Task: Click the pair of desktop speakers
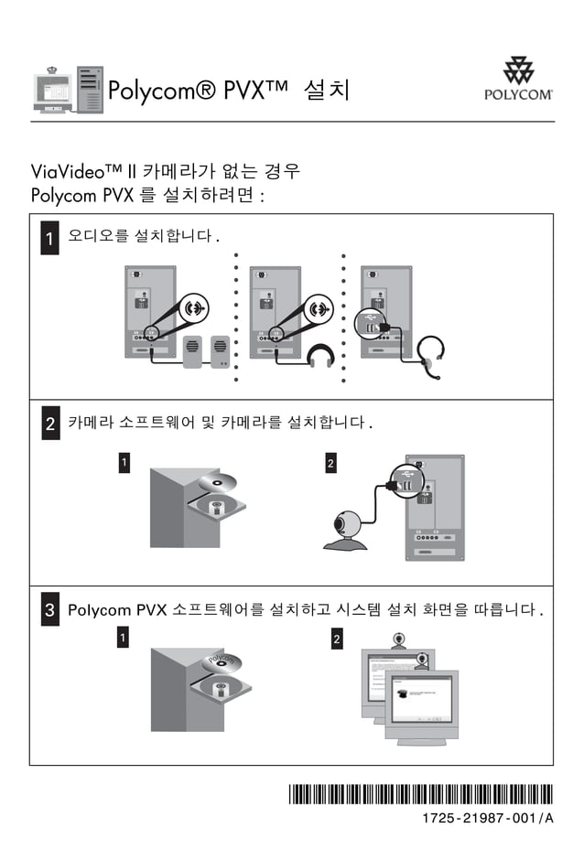[x=206, y=351]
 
